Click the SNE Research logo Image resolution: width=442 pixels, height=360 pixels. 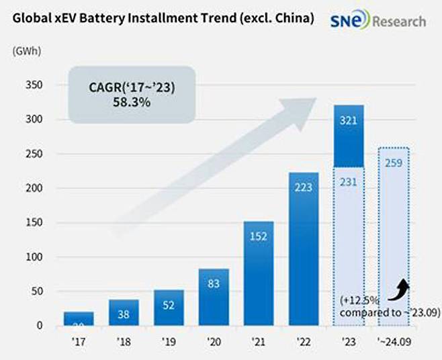[378, 21]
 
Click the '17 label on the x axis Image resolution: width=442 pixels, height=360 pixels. [79, 341]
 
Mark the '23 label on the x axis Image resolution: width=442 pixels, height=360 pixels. [348, 341]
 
